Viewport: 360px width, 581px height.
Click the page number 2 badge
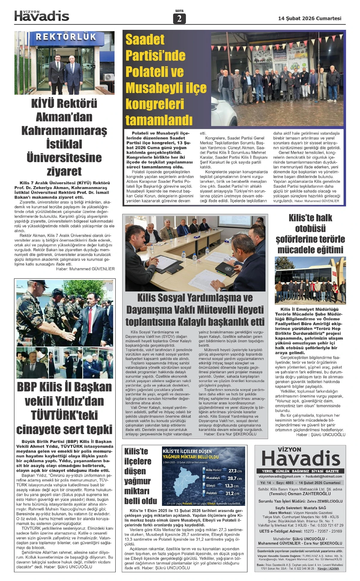tap(179, 19)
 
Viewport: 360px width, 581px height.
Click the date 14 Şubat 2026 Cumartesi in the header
tap(310, 18)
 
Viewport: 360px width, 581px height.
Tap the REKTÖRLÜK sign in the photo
tap(66, 37)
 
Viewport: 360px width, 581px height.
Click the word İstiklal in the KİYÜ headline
tap(64, 144)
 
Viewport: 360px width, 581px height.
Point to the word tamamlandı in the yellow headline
tap(159, 120)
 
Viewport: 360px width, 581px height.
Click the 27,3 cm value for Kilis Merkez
tap(235, 471)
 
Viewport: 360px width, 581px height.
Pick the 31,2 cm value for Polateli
tap(232, 493)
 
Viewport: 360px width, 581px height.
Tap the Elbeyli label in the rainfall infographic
tap(211, 485)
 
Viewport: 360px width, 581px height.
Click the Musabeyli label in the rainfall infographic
tap(213, 478)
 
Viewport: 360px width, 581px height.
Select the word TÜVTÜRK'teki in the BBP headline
tap(64, 415)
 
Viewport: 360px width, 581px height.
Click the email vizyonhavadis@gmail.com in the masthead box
tap(280, 476)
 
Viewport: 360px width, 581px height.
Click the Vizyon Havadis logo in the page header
tap(42, 16)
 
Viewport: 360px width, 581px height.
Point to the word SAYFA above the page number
tap(179, 11)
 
